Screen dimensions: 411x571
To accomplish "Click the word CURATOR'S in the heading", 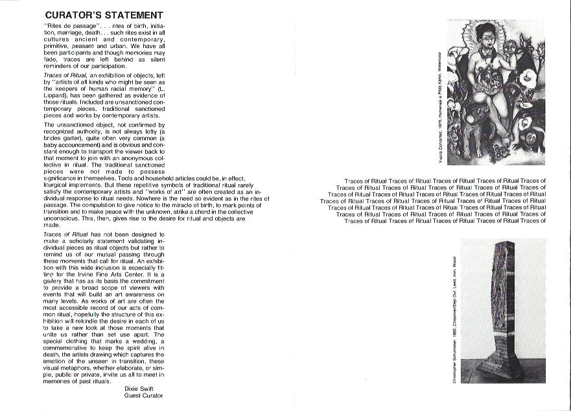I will tap(71, 14).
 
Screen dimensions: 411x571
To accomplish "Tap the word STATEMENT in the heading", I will tap(132, 14).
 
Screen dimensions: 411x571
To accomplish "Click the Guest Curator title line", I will tap(143, 395).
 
